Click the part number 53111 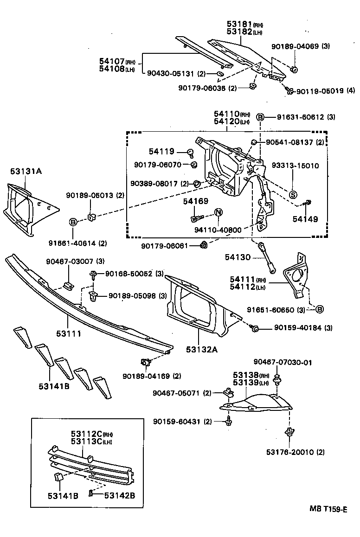(69, 333)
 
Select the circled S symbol (293, 195)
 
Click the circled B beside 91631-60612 (261, 117)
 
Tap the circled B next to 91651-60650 (320, 309)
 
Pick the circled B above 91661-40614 (73, 222)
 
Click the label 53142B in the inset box (119, 495)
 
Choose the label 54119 (161, 151)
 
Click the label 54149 (305, 219)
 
